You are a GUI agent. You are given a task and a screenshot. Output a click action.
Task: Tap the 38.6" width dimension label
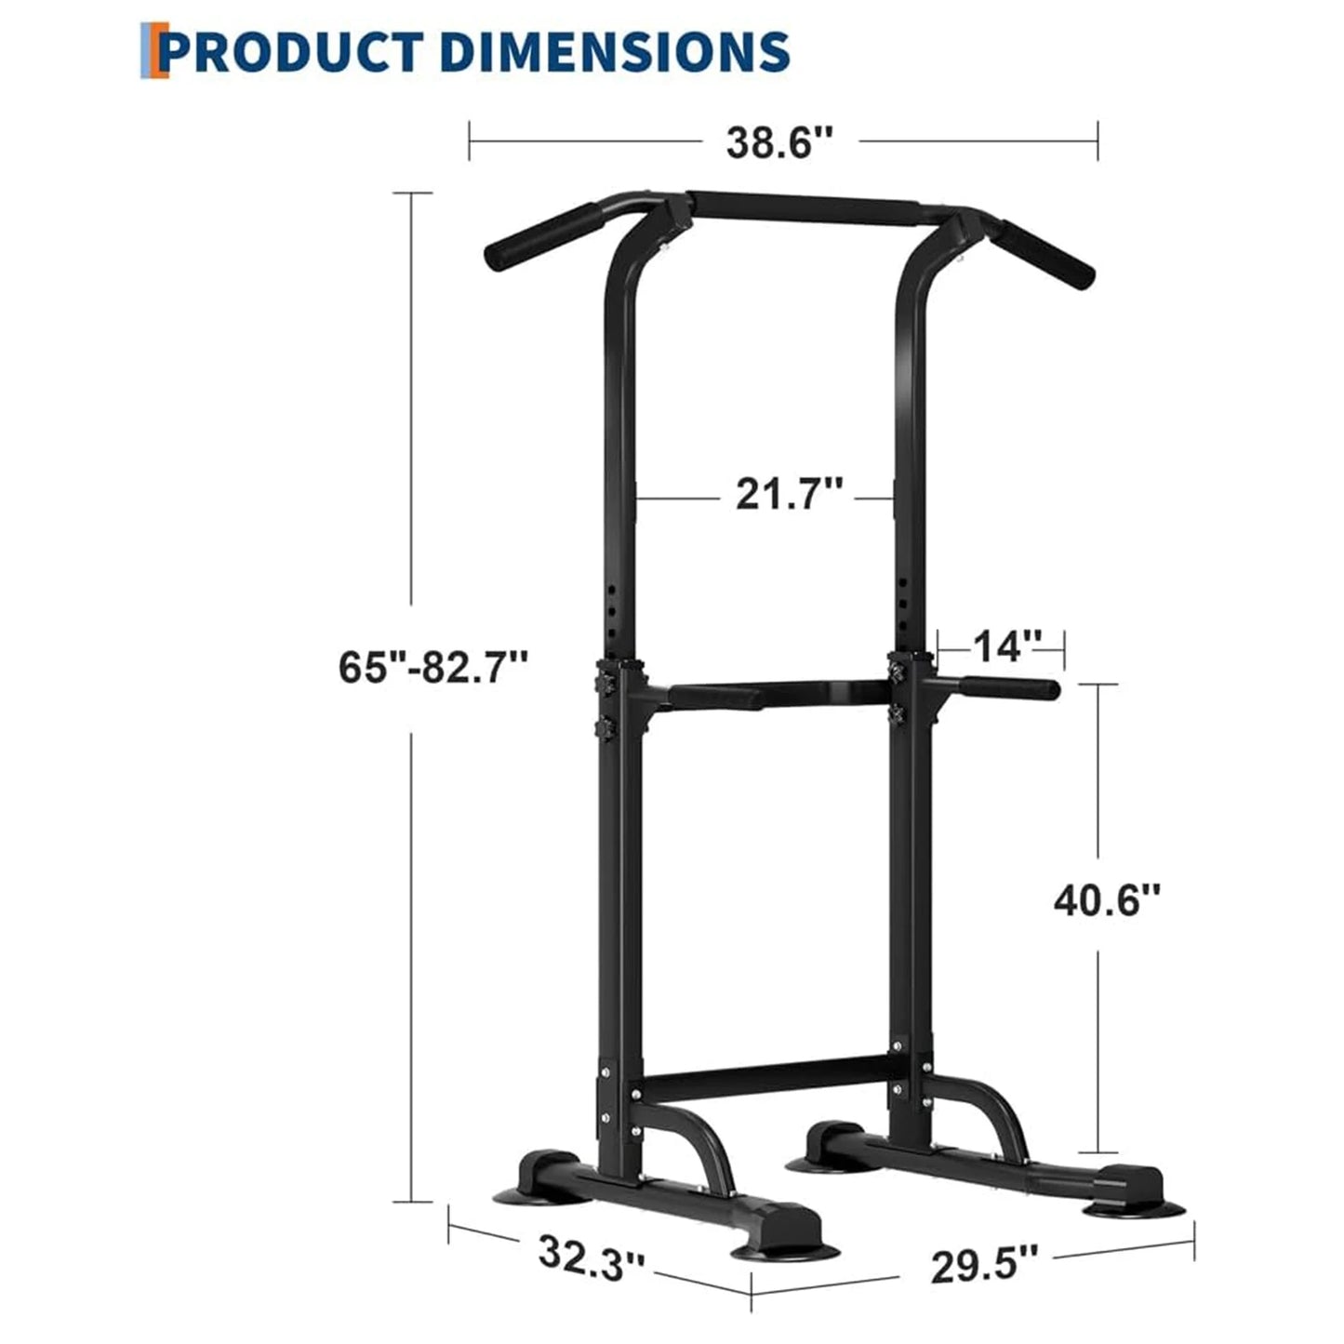[779, 142]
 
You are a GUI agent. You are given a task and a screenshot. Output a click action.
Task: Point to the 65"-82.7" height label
[433, 667]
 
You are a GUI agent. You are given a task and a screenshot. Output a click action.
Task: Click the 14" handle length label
[1001, 645]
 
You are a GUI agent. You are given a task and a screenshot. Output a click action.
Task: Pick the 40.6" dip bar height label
[1107, 899]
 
